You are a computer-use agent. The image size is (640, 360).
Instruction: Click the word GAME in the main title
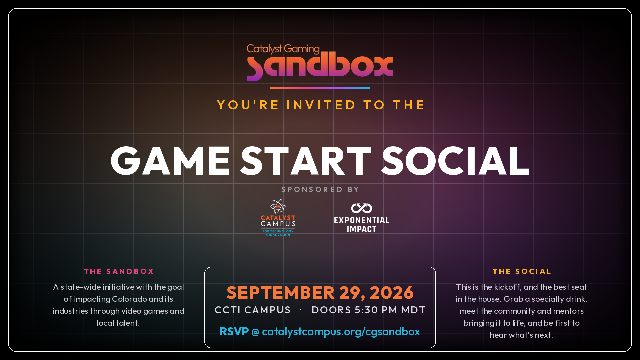click(x=170, y=161)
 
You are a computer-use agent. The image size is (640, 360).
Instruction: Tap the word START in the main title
click(x=306, y=161)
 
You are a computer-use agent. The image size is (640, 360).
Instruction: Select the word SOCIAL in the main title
click(x=455, y=161)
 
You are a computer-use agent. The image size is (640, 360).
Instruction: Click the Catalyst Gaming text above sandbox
click(x=283, y=49)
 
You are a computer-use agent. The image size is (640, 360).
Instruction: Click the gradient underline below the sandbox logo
click(x=320, y=88)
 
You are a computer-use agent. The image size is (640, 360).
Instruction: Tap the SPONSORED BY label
click(x=320, y=189)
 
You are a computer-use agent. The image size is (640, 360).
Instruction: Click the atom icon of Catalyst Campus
click(x=278, y=206)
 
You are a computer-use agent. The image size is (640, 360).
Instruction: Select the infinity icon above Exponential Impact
click(x=362, y=208)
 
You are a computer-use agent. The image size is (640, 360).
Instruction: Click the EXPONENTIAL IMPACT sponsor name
click(x=362, y=225)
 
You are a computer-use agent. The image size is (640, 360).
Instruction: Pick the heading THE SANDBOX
click(x=119, y=271)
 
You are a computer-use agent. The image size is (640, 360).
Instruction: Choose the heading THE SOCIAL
click(x=522, y=271)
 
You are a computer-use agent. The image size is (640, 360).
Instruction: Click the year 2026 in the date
click(x=392, y=293)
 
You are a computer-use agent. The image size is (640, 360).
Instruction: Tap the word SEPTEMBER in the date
click(x=280, y=293)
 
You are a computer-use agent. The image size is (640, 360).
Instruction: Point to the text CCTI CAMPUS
click(x=253, y=310)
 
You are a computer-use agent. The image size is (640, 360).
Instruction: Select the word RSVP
click(x=234, y=331)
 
